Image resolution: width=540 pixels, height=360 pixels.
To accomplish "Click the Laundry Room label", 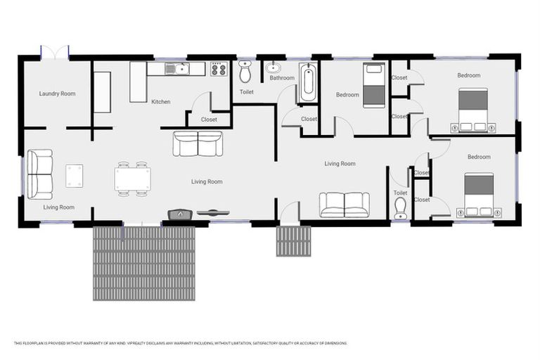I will click(57, 94).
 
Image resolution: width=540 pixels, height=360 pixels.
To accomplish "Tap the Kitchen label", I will click(160, 102).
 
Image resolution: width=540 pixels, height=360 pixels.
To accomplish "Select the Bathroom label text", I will click(281, 78).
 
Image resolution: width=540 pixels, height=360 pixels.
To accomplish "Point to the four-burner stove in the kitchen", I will click(219, 69).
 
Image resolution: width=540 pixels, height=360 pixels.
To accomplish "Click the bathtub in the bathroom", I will click(308, 84).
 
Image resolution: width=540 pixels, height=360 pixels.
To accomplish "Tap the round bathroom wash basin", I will click(273, 68).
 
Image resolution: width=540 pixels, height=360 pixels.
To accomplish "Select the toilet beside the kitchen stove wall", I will click(245, 71).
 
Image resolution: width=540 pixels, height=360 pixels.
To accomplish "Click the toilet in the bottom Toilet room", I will click(400, 207).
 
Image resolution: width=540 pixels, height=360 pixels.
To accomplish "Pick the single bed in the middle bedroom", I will click(373, 85).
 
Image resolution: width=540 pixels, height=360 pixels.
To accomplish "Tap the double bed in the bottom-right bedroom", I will click(478, 194).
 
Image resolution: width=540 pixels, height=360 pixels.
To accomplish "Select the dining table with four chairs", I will click(132, 179).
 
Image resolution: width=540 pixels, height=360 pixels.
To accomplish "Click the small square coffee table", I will click(74, 175).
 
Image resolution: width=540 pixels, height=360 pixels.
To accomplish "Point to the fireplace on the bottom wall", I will click(179, 213).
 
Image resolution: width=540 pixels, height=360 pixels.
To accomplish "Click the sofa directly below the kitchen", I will click(198, 143).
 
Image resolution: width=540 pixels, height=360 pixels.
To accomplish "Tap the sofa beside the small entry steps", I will click(344, 204).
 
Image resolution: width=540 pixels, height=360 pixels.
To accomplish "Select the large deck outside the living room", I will click(143, 262).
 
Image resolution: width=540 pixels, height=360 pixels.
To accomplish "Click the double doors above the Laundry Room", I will click(54, 53).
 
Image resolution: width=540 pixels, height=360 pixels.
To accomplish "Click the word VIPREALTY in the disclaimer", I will click(139, 343).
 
